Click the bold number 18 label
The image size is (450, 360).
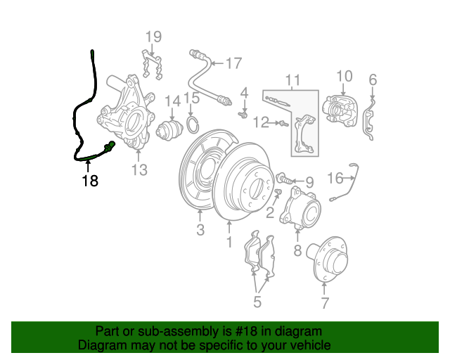(x=90, y=181)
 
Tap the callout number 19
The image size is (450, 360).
(x=153, y=37)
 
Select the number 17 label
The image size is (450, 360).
(x=234, y=63)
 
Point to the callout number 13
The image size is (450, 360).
(x=139, y=169)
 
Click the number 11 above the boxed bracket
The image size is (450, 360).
(x=292, y=80)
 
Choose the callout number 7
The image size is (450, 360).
(x=325, y=302)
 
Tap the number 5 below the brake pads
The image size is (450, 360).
(x=257, y=302)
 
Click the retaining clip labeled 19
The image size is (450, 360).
(x=152, y=65)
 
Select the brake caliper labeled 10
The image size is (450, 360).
(x=340, y=111)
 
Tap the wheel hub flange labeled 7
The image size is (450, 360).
(x=328, y=260)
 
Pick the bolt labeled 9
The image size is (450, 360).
(x=284, y=179)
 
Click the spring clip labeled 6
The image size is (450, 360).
(x=368, y=118)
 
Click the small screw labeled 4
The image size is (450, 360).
(x=243, y=115)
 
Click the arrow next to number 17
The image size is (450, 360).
(x=217, y=63)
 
